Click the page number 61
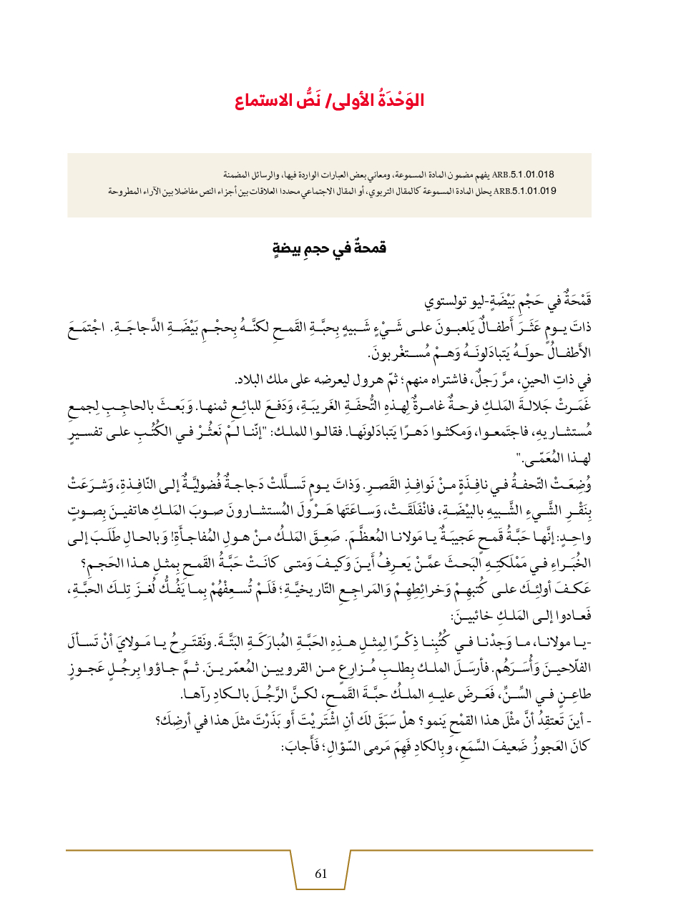(x=320, y=873)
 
